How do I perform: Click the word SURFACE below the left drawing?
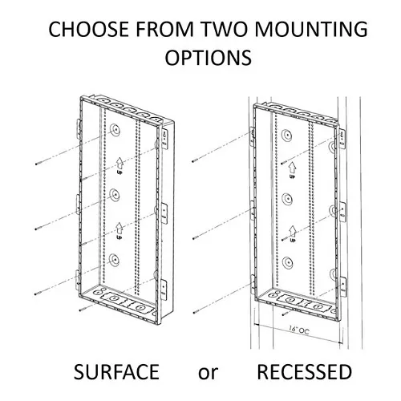pos(116,372)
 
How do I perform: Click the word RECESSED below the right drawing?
pos(304,372)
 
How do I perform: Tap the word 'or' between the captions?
pos(208,374)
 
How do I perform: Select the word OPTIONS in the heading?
pos(209,57)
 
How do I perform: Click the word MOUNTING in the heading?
pos(310,29)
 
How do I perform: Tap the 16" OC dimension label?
pos(298,330)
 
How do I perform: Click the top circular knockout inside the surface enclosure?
pos(115,130)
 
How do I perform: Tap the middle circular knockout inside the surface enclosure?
pos(114,195)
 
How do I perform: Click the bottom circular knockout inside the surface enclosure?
pos(114,260)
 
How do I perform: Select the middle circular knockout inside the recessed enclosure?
pos(287,199)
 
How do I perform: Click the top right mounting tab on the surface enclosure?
pos(165,139)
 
